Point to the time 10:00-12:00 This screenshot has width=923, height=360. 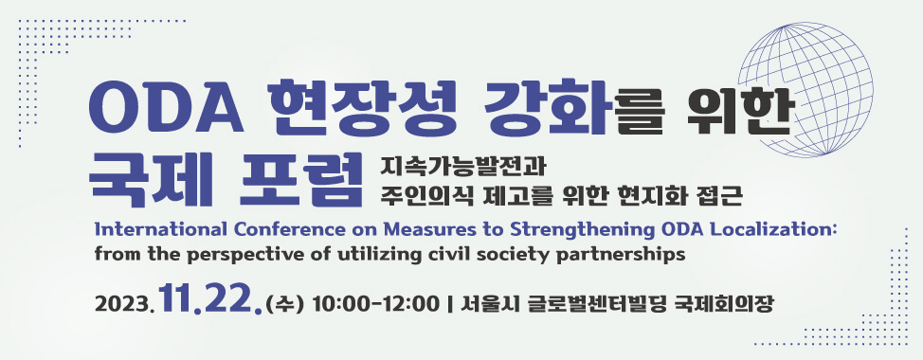pyautogui.click(x=375, y=304)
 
